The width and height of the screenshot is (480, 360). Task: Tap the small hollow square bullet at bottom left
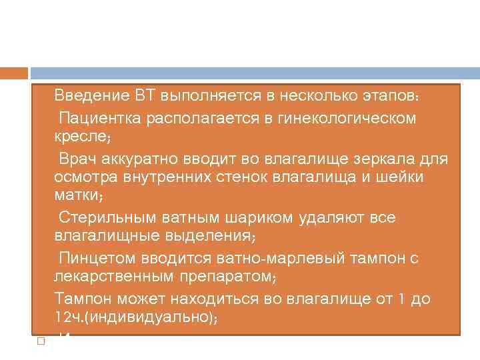pos(40,341)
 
